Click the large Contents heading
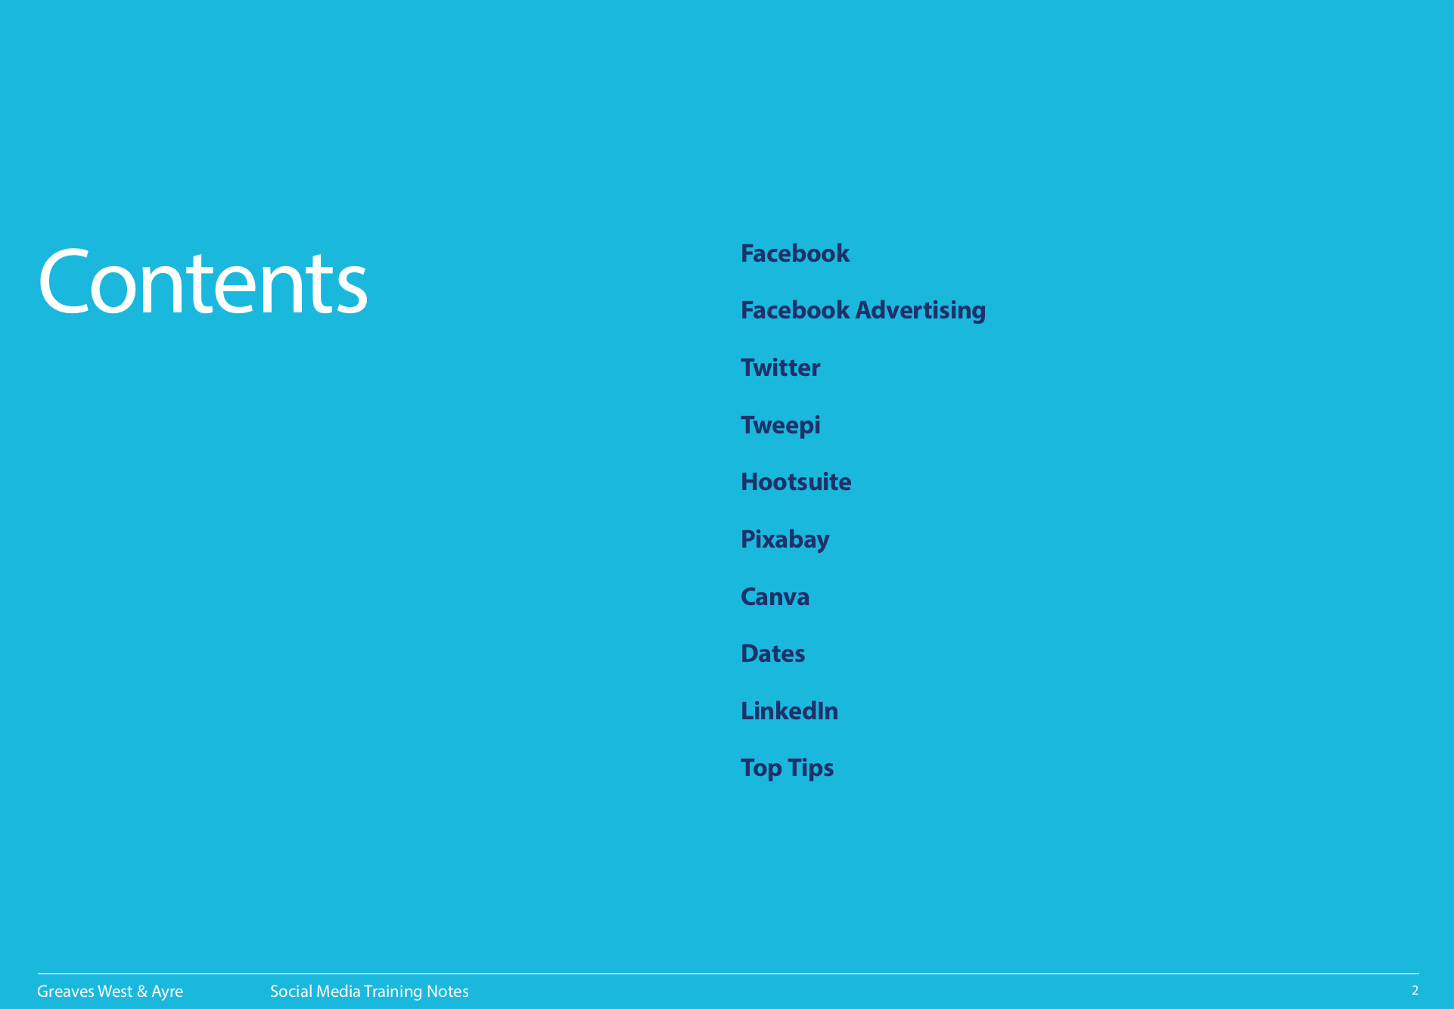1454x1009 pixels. pyautogui.click(x=203, y=282)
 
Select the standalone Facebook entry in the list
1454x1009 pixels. pyautogui.click(x=795, y=253)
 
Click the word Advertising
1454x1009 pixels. pyautogui.click(x=921, y=311)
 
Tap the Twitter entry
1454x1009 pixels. pyautogui.click(x=781, y=368)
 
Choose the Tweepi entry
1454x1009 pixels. pyautogui.click(x=781, y=425)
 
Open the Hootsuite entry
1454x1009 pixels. pyautogui.click(x=797, y=482)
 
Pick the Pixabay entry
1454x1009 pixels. pyautogui.click(x=785, y=540)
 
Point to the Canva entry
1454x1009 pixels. pyautogui.click(x=775, y=597)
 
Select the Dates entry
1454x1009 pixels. pyautogui.click(x=773, y=654)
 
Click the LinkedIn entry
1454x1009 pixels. pyautogui.click(x=790, y=711)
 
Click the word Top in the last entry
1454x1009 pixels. pyautogui.click(x=762, y=768)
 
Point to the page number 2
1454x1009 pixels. pyautogui.click(x=1415, y=991)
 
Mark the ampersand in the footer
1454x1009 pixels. pyautogui.click(x=142, y=992)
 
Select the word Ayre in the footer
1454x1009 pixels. pyautogui.click(x=167, y=992)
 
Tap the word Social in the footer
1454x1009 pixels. pyautogui.click(x=292, y=992)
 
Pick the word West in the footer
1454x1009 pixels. pyautogui.click(x=115, y=992)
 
